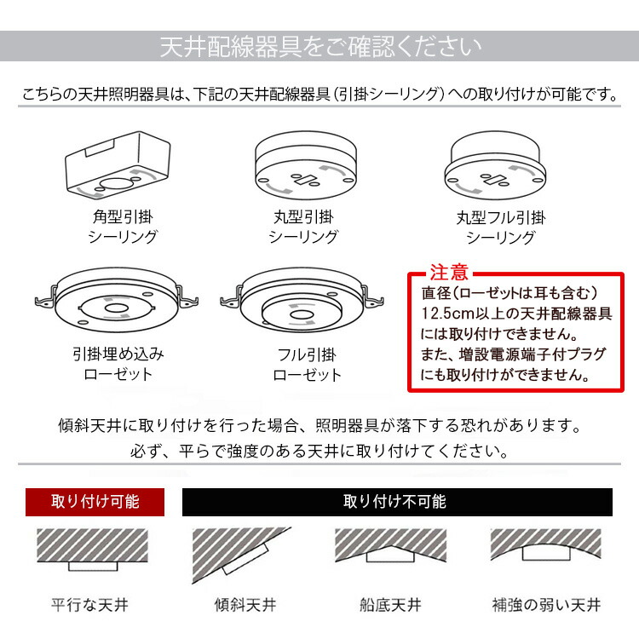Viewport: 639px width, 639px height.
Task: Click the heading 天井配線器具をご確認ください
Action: tap(319, 46)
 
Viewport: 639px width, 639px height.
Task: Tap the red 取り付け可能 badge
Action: tap(95, 502)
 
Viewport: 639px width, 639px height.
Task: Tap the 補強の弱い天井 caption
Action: tap(546, 606)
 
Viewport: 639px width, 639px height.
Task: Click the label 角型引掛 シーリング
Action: tap(123, 227)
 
